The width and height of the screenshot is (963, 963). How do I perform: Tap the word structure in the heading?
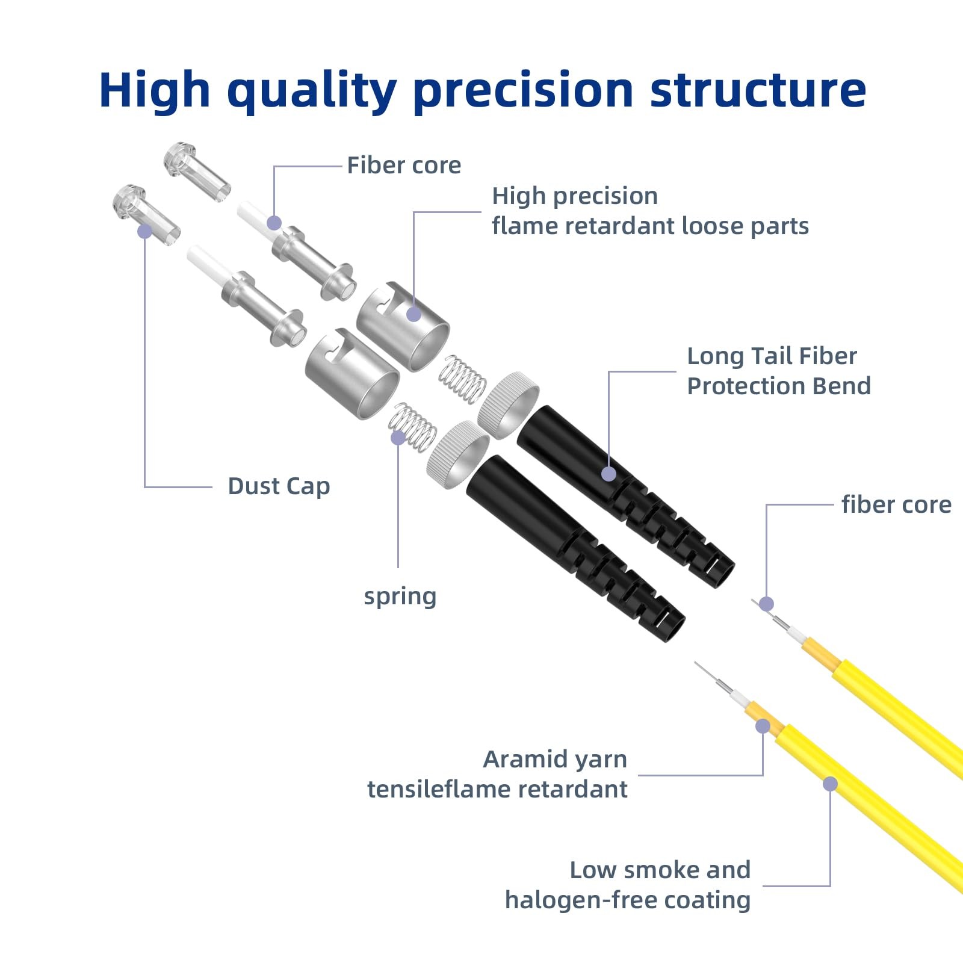click(758, 90)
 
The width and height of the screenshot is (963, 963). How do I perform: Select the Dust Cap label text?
click(279, 486)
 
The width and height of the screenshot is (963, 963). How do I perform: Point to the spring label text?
click(400, 596)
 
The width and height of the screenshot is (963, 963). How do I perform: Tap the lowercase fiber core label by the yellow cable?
click(896, 504)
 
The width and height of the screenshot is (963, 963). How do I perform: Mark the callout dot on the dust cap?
click(144, 231)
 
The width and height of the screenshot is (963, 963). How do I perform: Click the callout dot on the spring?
click(398, 438)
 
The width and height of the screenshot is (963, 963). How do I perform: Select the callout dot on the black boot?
click(608, 474)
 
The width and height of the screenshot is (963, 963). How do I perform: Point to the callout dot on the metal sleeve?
click(413, 314)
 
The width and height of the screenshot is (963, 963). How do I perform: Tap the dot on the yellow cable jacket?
click(830, 784)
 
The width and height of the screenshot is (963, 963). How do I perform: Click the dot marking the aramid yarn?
click(763, 726)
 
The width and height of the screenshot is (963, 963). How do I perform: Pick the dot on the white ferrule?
click(274, 223)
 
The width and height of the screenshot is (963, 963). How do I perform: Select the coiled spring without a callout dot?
click(462, 379)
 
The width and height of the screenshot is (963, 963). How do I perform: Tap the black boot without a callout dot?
click(575, 548)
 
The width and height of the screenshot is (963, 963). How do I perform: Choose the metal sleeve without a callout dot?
click(352, 374)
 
